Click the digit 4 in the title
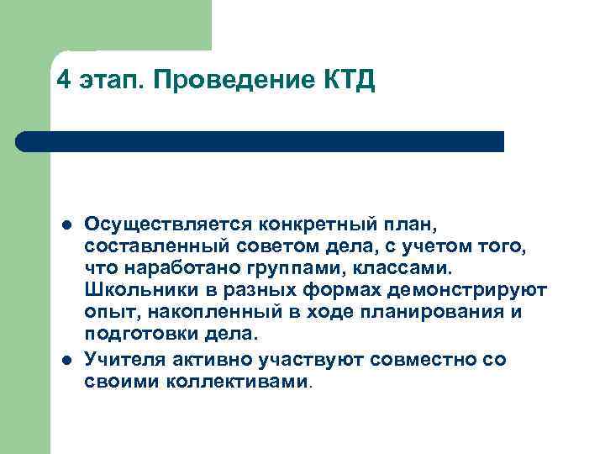point(64,81)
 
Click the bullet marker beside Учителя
point(65,360)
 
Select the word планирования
point(431,313)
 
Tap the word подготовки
point(140,335)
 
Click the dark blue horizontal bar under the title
point(260,141)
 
